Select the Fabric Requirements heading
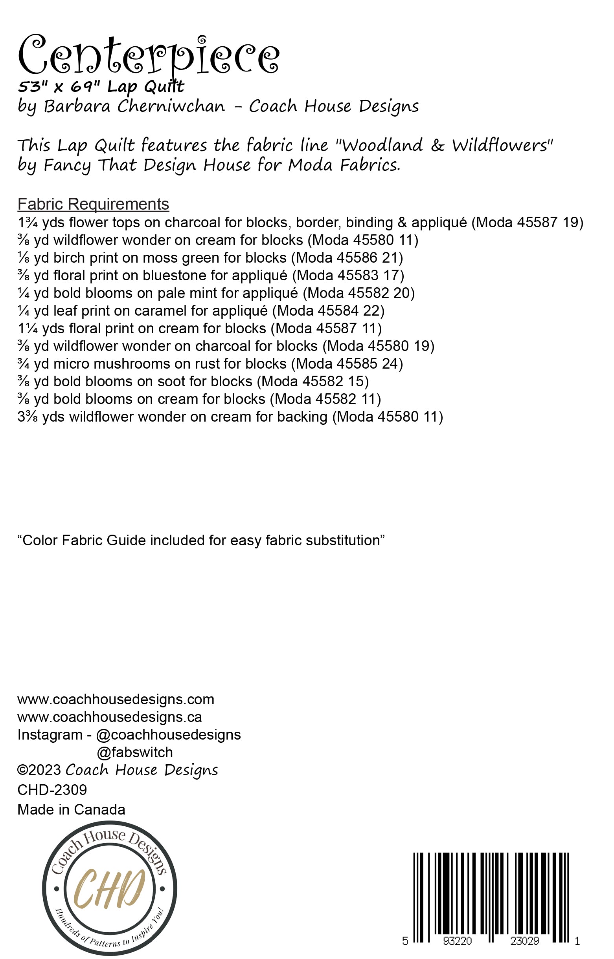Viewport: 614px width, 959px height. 93,204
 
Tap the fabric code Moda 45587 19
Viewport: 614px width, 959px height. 527,222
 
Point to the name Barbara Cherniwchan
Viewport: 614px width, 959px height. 134,106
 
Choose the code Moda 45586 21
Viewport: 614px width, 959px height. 347,258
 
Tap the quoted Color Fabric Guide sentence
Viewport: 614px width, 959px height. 201,541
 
